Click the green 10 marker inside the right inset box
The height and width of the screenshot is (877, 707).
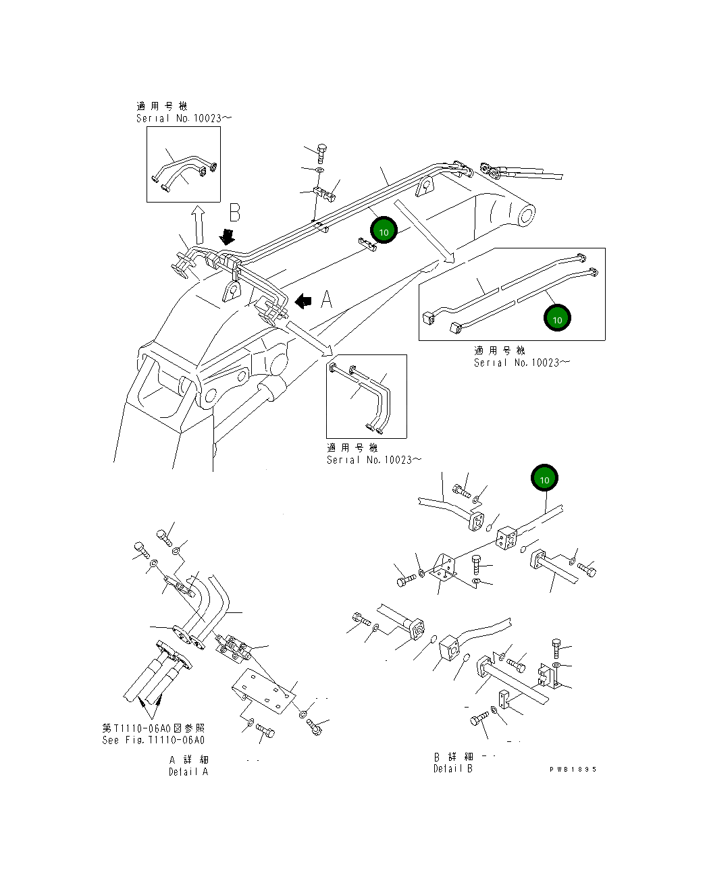557,318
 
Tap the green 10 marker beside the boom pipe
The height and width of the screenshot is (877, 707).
384,231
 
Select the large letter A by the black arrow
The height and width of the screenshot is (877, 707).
326,298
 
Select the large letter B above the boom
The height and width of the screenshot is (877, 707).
234,213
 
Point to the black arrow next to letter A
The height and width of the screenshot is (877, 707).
304,300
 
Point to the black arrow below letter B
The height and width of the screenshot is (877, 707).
228,236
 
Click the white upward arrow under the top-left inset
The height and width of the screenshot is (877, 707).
198,225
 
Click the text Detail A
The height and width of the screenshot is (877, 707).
188,772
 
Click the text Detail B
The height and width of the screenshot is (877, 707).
452,768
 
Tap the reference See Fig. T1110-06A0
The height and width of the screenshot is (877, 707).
153,740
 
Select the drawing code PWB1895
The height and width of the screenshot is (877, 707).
573,769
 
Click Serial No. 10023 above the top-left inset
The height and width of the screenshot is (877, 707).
183,118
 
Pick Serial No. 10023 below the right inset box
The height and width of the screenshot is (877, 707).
521,363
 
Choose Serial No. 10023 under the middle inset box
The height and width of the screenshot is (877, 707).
373,460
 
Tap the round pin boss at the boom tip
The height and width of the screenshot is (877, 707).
526,215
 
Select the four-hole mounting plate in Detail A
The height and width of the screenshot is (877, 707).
264,689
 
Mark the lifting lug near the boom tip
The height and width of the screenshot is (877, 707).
425,186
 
